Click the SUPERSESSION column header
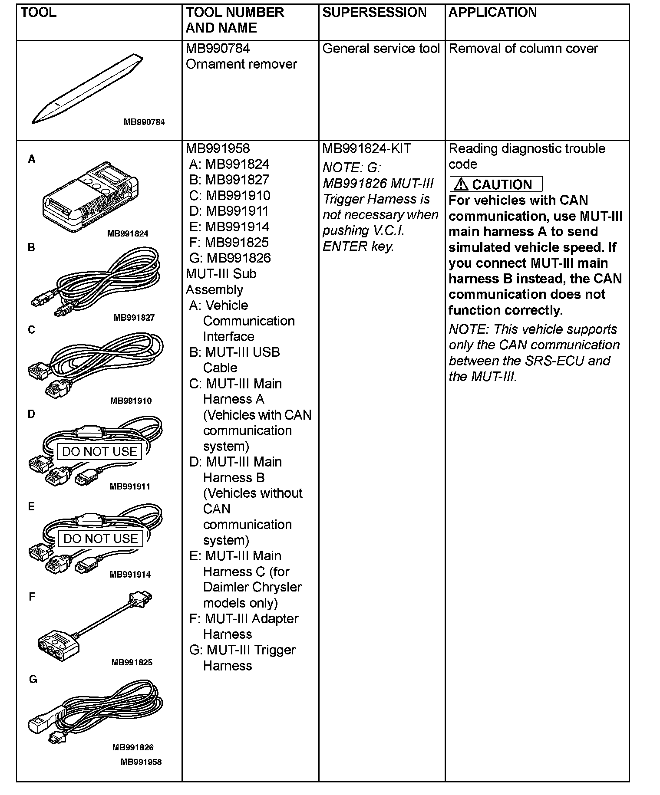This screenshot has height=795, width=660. click(x=374, y=13)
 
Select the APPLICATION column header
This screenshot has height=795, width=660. click(x=492, y=13)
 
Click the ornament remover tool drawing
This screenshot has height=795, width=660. click(x=87, y=89)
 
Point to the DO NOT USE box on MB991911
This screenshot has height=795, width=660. click(x=99, y=452)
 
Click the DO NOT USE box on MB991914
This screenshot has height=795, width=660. click(x=100, y=539)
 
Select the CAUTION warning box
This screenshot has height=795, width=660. click(x=496, y=184)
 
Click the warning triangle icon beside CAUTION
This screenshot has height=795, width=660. click(x=460, y=184)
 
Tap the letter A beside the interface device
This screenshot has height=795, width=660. click(x=32, y=160)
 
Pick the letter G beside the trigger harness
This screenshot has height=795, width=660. click(x=33, y=680)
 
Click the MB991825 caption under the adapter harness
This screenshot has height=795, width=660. click(x=132, y=662)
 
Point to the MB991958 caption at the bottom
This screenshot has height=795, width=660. click(x=141, y=762)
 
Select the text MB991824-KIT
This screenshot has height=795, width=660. click(x=366, y=149)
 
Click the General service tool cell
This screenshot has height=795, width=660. click(x=381, y=49)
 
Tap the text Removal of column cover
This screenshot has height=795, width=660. click(x=523, y=49)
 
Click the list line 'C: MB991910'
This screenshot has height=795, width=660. click(x=230, y=196)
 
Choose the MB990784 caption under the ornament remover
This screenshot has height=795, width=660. click(x=144, y=122)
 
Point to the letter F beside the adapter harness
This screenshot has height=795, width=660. click(x=32, y=597)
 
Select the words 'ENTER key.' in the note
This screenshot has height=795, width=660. click(x=358, y=246)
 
